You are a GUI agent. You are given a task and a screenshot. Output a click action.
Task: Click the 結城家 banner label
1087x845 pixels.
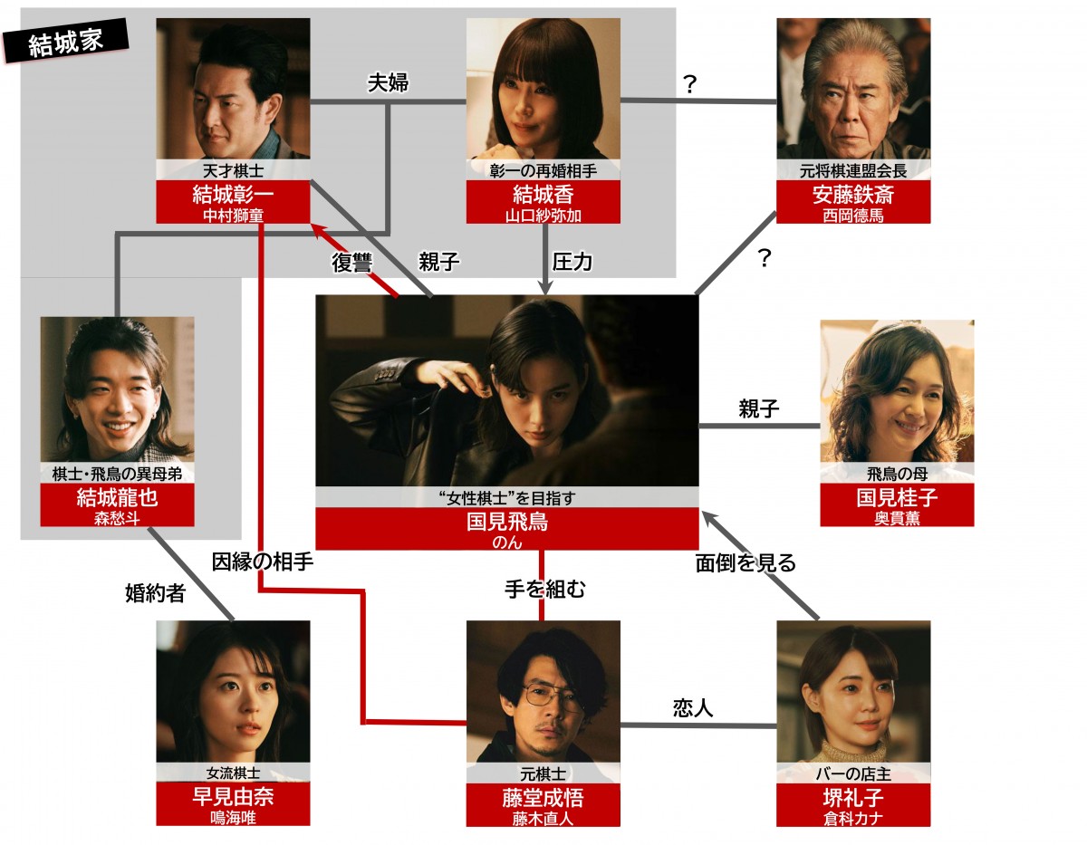click(65, 42)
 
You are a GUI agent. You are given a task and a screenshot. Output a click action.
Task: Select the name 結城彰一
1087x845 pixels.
click(233, 196)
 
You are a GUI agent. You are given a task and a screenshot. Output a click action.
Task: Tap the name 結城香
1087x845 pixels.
click(543, 196)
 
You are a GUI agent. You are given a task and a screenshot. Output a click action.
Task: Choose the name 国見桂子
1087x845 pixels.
click(897, 498)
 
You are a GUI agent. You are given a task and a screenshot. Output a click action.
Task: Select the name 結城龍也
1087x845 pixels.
click(117, 499)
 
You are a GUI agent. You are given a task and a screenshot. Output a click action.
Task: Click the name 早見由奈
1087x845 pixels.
click(233, 798)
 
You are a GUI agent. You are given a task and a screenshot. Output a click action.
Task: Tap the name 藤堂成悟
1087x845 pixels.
click(543, 798)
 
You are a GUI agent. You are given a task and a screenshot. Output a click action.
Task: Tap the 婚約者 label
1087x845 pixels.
click(155, 593)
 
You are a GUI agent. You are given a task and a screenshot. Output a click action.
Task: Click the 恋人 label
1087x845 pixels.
click(693, 708)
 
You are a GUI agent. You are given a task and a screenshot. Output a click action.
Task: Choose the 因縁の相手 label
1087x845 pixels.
click(262, 562)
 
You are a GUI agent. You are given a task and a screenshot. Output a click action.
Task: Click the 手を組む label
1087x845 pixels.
click(544, 590)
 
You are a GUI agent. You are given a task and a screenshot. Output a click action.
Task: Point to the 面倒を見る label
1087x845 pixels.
click(746, 562)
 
